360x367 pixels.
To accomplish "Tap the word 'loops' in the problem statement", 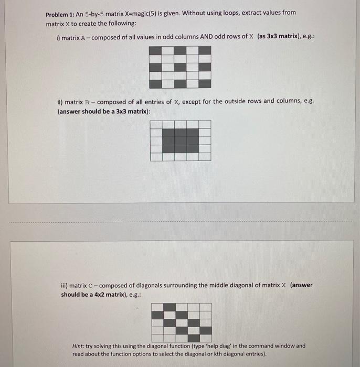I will point(245,13).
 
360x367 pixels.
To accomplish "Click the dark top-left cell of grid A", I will point(155,51).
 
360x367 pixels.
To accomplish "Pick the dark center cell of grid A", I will point(180,67).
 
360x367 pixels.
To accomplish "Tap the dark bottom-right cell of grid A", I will point(205,83).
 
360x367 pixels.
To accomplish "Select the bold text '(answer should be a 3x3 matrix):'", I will point(104,111).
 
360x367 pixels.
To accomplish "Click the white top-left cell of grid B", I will point(156,124).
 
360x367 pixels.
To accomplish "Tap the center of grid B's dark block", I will point(181,140).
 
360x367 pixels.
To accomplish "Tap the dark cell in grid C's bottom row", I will point(206,330).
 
